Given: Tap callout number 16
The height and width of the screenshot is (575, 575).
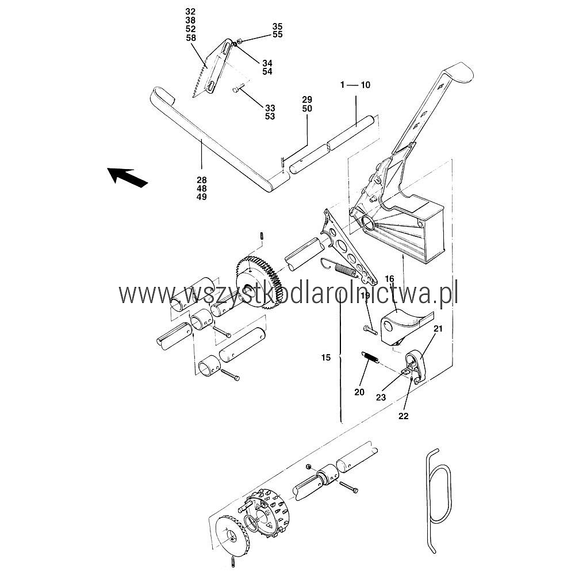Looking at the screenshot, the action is tap(389, 279).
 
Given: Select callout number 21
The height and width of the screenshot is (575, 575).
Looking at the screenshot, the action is tap(438, 328).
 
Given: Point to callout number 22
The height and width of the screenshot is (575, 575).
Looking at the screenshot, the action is tap(404, 416).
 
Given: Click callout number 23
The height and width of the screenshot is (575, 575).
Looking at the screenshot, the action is tap(381, 397).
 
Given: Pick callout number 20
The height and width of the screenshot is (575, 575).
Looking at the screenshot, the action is tap(359, 392).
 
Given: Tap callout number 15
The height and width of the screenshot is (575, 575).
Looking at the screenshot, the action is tap(326, 358).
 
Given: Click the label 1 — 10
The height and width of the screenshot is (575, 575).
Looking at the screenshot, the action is tap(355, 85).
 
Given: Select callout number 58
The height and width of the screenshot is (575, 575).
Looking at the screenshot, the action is tap(191, 38).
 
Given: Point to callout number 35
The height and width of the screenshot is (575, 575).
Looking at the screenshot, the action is tap(278, 26).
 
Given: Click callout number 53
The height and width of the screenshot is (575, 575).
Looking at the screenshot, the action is tap(270, 116).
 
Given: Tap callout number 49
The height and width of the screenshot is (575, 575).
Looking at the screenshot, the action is tap(202, 197).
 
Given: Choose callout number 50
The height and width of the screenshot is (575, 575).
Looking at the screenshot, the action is tap(307, 109).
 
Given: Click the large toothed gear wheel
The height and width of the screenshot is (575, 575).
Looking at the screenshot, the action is tap(259, 283).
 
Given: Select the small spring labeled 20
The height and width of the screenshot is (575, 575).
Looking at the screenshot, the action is tap(370, 358).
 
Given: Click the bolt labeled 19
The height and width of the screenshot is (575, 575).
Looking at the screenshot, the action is tap(370, 329).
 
